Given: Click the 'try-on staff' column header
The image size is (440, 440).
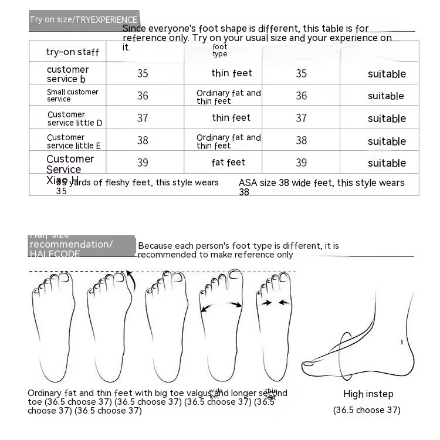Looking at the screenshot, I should (x=72, y=52).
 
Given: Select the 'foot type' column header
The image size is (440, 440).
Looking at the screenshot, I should (x=220, y=50).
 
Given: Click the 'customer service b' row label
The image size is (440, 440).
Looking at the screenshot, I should (x=67, y=74).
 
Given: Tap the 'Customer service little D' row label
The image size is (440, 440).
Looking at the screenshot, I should (x=75, y=119).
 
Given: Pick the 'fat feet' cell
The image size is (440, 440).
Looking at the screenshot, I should (x=228, y=163).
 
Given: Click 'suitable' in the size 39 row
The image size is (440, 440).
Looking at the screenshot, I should (x=387, y=163).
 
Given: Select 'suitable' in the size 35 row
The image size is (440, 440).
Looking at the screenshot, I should (x=387, y=74).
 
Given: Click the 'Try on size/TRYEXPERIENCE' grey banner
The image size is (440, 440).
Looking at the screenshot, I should (x=83, y=20).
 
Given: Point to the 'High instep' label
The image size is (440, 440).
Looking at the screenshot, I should (x=368, y=394).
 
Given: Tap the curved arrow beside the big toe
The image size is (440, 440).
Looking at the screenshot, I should (x=131, y=280).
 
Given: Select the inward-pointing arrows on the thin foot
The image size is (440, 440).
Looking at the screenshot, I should (x=275, y=303).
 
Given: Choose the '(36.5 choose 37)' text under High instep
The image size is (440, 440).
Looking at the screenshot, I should (x=367, y=410).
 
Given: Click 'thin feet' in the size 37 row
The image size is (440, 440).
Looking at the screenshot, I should (x=231, y=118).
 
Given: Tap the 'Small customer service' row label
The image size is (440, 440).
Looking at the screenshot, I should (x=72, y=96).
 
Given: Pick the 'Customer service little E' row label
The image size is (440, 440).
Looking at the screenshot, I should (x=74, y=141).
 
